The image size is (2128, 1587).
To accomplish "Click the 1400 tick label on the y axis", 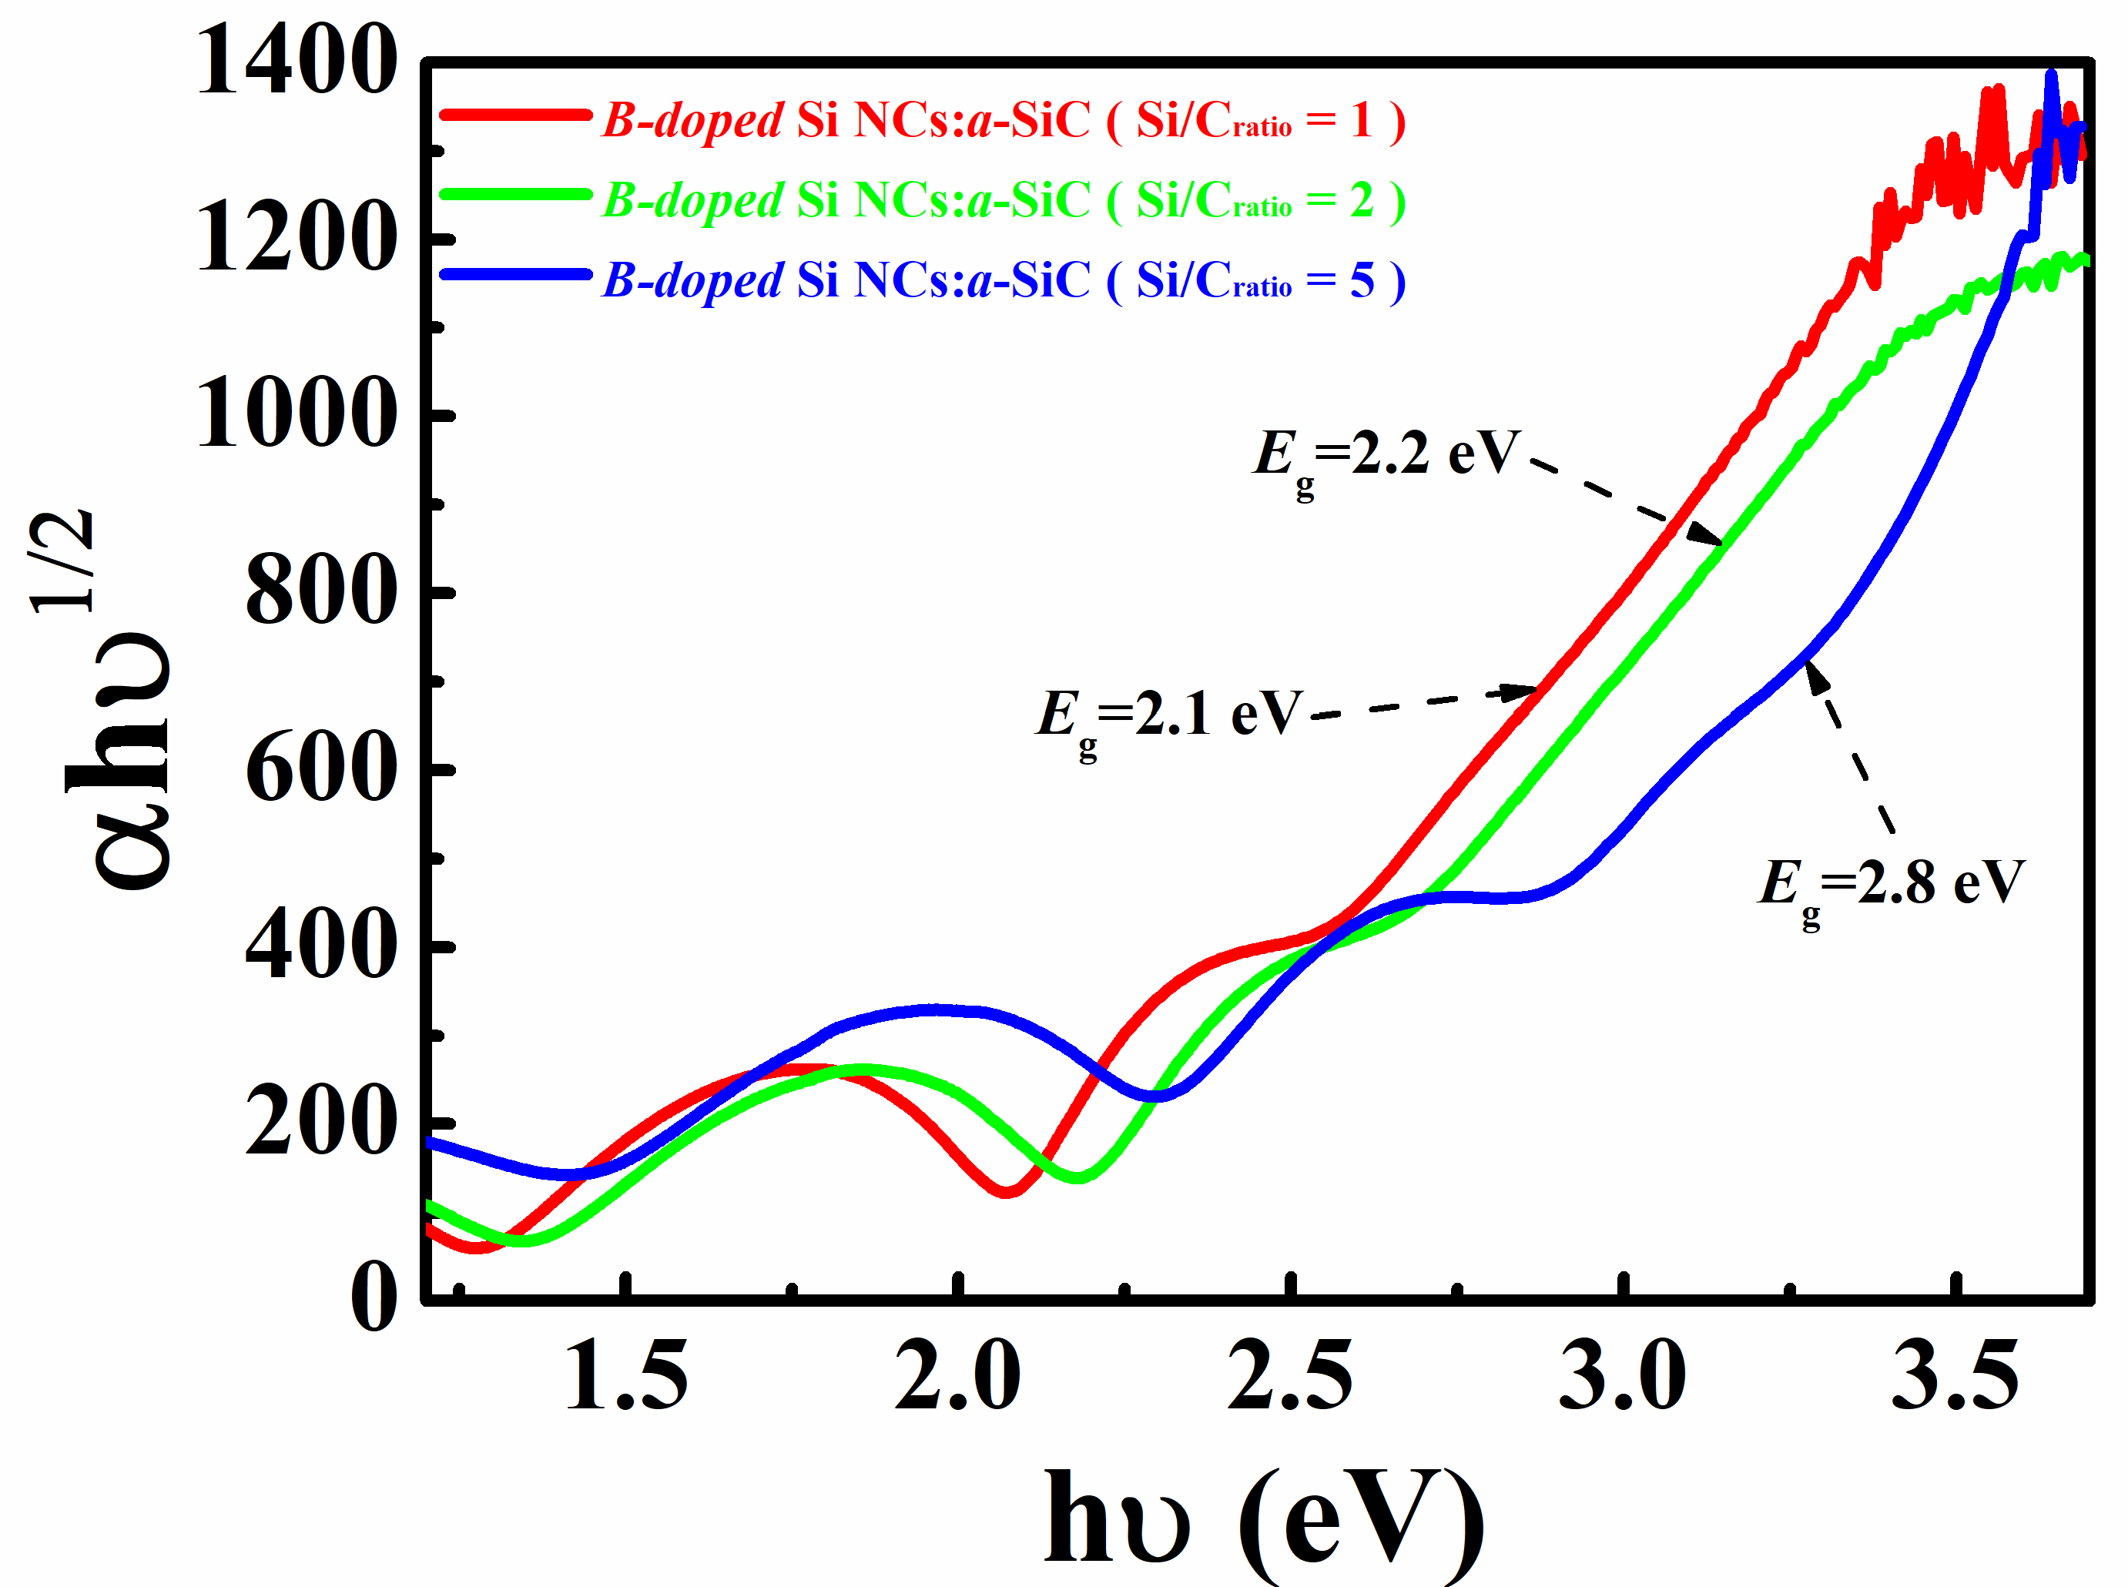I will pyautogui.click(x=296, y=63).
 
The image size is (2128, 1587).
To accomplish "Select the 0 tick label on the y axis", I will pyautogui.click(x=374, y=1297).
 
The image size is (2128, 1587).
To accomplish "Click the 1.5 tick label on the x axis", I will pyautogui.click(x=626, y=1376).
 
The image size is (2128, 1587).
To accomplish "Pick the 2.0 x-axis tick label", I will pyautogui.click(x=958, y=1376).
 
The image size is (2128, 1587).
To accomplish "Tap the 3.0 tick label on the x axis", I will pyautogui.click(x=1623, y=1376).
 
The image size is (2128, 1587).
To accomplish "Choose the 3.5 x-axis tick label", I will pyautogui.click(x=1955, y=1376).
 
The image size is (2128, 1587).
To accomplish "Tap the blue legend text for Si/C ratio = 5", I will pyautogui.click(x=1004, y=280).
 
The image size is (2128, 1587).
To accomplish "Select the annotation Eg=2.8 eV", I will pyautogui.click(x=1891, y=885).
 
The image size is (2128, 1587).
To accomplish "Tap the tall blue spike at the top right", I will pyautogui.click(x=2051, y=82).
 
